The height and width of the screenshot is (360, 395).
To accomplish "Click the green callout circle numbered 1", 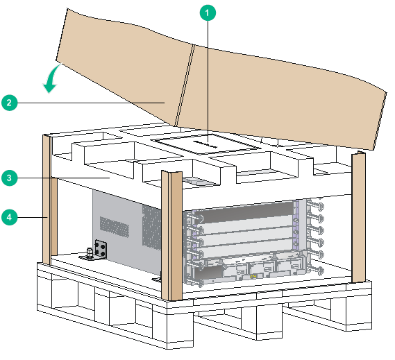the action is pos(208,12).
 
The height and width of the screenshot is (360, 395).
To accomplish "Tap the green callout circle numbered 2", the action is pos(9,103).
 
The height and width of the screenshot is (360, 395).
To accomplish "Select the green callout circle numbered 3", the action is pos(9,178).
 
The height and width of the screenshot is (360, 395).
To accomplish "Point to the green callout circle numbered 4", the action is pos(9,217).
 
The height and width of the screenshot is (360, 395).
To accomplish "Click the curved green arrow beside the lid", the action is pos(51,78).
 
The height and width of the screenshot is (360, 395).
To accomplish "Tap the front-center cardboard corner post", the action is pos(171,236).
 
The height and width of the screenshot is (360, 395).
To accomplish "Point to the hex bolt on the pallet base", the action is pos(89,253).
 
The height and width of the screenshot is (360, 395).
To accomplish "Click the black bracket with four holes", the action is pos(101,249).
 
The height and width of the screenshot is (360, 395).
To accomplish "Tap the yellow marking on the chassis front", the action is pos(253,277).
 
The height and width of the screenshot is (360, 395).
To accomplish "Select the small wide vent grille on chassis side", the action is pos(115,227).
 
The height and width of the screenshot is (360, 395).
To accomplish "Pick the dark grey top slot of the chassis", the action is pos(244,212).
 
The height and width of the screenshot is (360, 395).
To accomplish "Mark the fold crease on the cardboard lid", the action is pos(185,85).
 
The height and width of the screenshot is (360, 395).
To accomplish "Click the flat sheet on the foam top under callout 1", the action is pos(207,144).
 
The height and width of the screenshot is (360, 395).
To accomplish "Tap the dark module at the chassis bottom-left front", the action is pos(208,274).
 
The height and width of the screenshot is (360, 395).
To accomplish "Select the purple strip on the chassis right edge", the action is pos(296,223).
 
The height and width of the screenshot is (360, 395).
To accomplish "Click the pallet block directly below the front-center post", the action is pos(180,325).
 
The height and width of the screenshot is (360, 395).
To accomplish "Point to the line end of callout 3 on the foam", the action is pos(110,178).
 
